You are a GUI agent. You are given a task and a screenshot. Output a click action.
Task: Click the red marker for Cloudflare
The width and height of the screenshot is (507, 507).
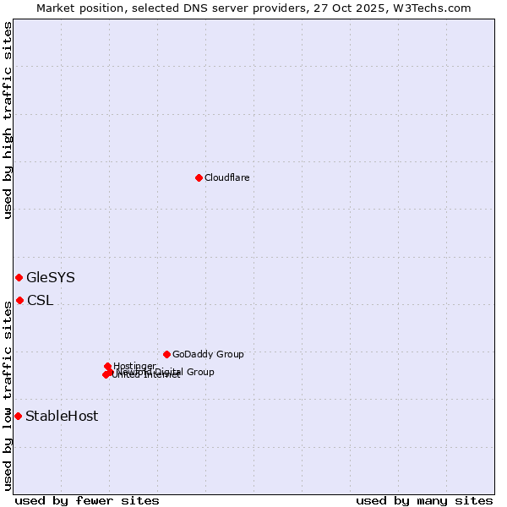(199, 177)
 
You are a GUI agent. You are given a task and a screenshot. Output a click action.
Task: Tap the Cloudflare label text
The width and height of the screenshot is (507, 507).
(226, 177)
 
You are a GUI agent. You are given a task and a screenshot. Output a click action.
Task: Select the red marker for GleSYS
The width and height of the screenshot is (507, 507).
(19, 277)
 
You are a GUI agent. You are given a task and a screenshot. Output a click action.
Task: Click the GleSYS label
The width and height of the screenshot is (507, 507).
(51, 277)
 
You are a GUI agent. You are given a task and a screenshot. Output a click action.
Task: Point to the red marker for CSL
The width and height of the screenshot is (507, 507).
(19, 300)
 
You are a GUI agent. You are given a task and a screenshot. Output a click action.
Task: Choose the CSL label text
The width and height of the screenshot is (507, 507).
(40, 300)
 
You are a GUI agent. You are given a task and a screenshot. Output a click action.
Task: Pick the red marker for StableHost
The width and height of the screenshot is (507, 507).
(18, 416)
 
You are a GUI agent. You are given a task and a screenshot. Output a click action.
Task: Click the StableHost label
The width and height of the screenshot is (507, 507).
(62, 416)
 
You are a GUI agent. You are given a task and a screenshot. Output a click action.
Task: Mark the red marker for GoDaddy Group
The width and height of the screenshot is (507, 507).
(166, 354)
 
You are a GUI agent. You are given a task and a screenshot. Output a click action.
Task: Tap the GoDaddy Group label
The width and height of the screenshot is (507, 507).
(208, 354)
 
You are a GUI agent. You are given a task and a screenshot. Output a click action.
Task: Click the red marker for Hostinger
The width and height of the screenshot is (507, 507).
(108, 366)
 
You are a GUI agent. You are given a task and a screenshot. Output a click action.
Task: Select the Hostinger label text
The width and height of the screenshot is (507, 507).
(135, 366)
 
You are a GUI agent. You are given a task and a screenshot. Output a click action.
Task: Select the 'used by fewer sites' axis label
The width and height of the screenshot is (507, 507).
(87, 501)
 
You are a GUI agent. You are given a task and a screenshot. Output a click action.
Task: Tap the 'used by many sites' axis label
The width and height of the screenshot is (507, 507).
(424, 501)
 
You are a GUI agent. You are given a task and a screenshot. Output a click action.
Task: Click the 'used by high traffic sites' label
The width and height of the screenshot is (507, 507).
(8, 120)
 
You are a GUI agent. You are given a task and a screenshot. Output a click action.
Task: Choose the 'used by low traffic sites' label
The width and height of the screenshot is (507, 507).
(8, 395)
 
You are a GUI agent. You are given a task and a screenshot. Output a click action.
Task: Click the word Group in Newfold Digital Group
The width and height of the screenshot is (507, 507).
(199, 372)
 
